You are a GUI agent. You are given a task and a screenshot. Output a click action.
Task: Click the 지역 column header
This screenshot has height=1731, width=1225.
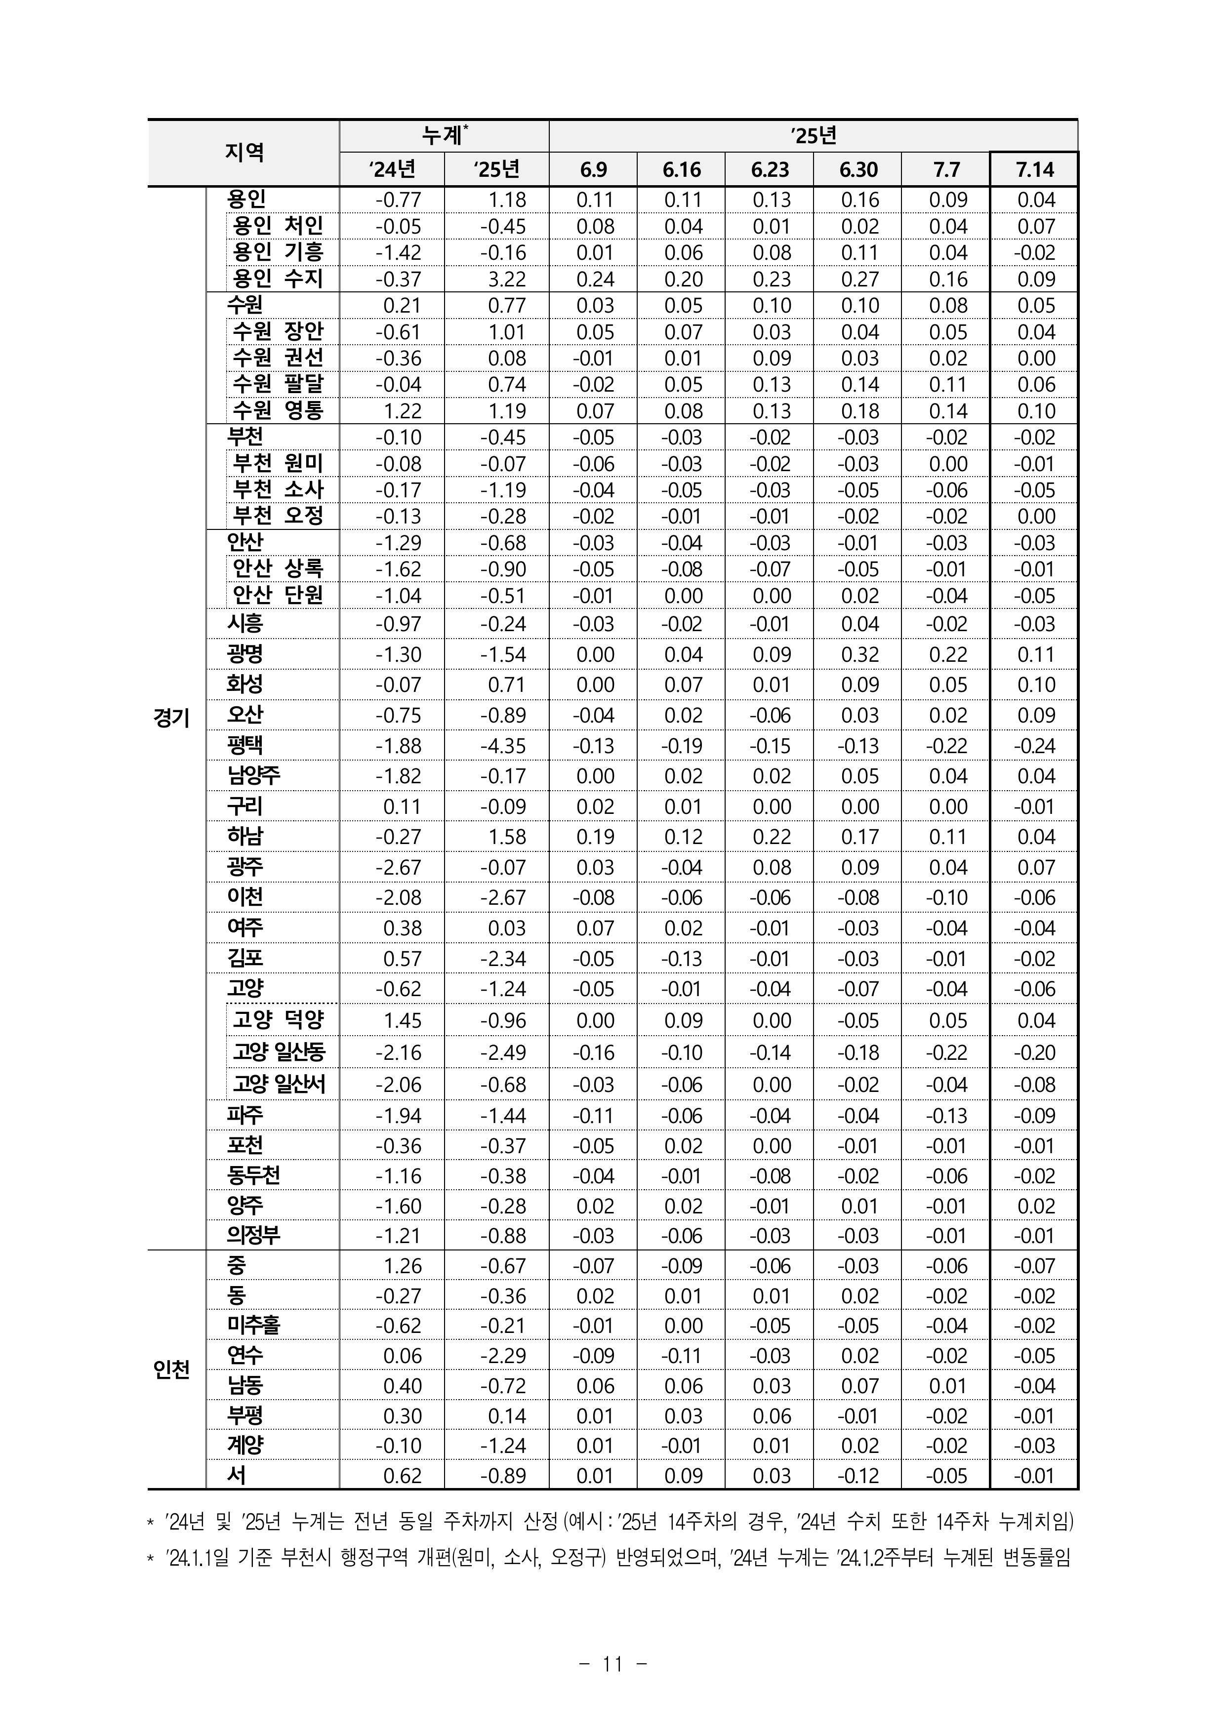[x=244, y=153]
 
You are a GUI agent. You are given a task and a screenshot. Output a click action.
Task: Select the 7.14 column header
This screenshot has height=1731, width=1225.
[x=1034, y=170]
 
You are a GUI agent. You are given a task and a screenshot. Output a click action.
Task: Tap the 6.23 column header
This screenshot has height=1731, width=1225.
[x=770, y=170]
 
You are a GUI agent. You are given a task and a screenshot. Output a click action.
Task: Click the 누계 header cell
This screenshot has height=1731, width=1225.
[x=444, y=136]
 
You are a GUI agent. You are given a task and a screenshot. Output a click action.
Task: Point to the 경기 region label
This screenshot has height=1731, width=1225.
[x=171, y=717]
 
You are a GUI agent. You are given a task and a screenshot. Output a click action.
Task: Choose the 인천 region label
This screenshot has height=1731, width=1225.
[x=171, y=1369]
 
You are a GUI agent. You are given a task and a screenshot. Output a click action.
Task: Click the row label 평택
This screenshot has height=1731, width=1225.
[x=245, y=745]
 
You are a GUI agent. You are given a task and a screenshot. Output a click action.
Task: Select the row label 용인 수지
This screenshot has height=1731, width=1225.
[x=278, y=279]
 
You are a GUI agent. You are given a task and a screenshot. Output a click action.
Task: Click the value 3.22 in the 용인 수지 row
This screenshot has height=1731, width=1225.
[x=507, y=279]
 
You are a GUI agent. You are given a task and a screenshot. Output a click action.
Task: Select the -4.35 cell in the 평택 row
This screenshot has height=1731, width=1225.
[x=504, y=746]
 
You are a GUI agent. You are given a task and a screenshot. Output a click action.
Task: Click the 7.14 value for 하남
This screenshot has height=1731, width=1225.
[x=1036, y=837]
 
